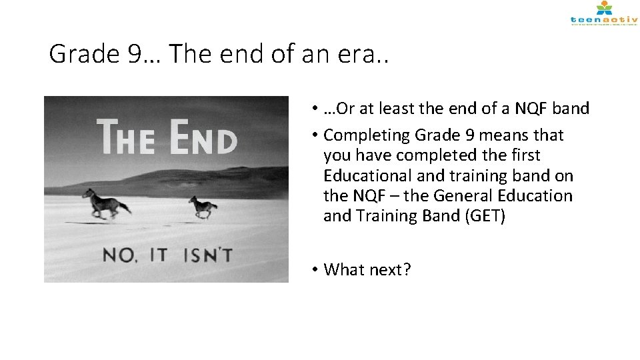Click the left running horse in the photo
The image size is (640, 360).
(106, 202)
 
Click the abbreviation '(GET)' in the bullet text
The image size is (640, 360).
(481, 216)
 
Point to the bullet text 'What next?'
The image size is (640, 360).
(367, 269)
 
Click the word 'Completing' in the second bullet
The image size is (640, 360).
(366, 135)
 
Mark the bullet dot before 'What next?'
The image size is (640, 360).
(313, 270)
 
